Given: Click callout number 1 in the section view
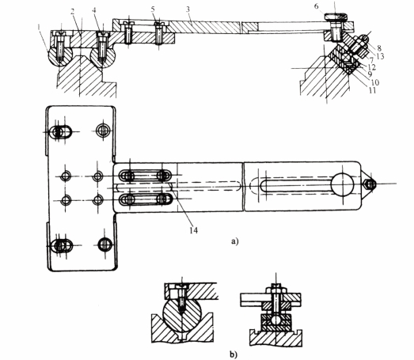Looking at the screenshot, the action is (x=39, y=27).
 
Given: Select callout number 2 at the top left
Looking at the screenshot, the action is (x=72, y=12).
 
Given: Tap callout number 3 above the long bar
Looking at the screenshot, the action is (x=188, y=9).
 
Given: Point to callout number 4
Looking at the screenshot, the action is (x=94, y=10).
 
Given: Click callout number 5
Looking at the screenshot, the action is (x=153, y=9).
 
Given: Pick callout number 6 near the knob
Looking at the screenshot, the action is (x=317, y=6).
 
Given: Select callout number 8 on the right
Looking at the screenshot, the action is (x=379, y=48).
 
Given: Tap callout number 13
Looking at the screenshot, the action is (x=380, y=56).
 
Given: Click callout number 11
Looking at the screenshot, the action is (x=372, y=90).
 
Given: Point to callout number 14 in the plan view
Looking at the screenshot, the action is (x=193, y=230).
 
